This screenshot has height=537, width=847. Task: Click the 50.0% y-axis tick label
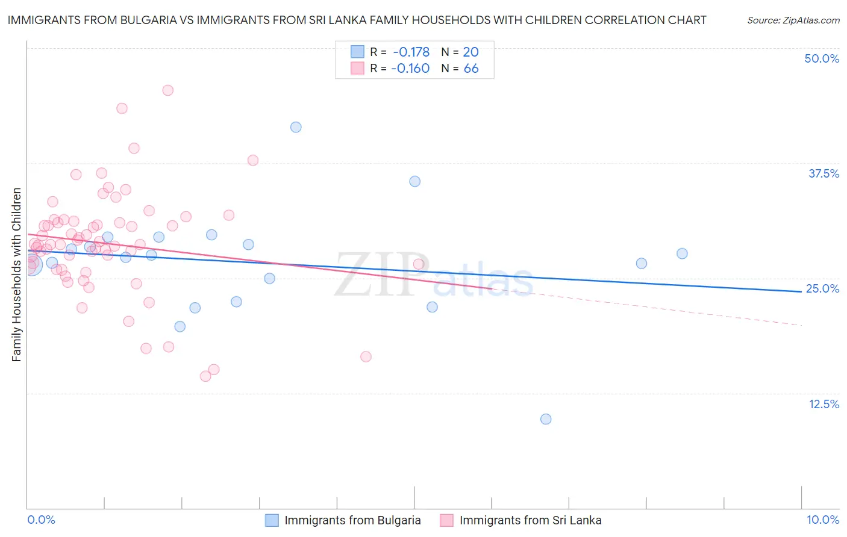(822, 58)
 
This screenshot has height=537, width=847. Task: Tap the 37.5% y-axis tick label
(824, 173)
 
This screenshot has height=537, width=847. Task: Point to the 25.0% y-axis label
(822, 288)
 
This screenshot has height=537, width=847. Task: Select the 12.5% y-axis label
(824, 404)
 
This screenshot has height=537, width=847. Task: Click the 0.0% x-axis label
(41, 520)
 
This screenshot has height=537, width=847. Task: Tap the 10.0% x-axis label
(822, 520)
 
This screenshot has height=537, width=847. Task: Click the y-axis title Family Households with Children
(16, 275)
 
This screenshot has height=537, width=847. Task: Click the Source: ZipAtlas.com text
(793, 20)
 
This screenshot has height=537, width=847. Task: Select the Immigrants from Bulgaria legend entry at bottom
(352, 520)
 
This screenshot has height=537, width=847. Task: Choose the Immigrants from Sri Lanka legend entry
(530, 520)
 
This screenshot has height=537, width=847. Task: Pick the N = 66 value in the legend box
(460, 68)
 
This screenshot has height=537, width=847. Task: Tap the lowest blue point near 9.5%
(546, 419)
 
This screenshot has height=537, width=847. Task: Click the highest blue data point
(296, 127)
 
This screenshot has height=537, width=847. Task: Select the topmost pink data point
(168, 90)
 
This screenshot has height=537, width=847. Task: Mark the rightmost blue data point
(682, 253)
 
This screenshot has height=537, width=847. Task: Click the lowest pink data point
(205, 376)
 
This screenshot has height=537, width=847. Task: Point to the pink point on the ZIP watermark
(419, 264)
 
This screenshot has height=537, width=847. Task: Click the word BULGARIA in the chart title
(149, 20)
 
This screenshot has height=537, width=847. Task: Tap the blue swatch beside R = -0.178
(357, 52)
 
